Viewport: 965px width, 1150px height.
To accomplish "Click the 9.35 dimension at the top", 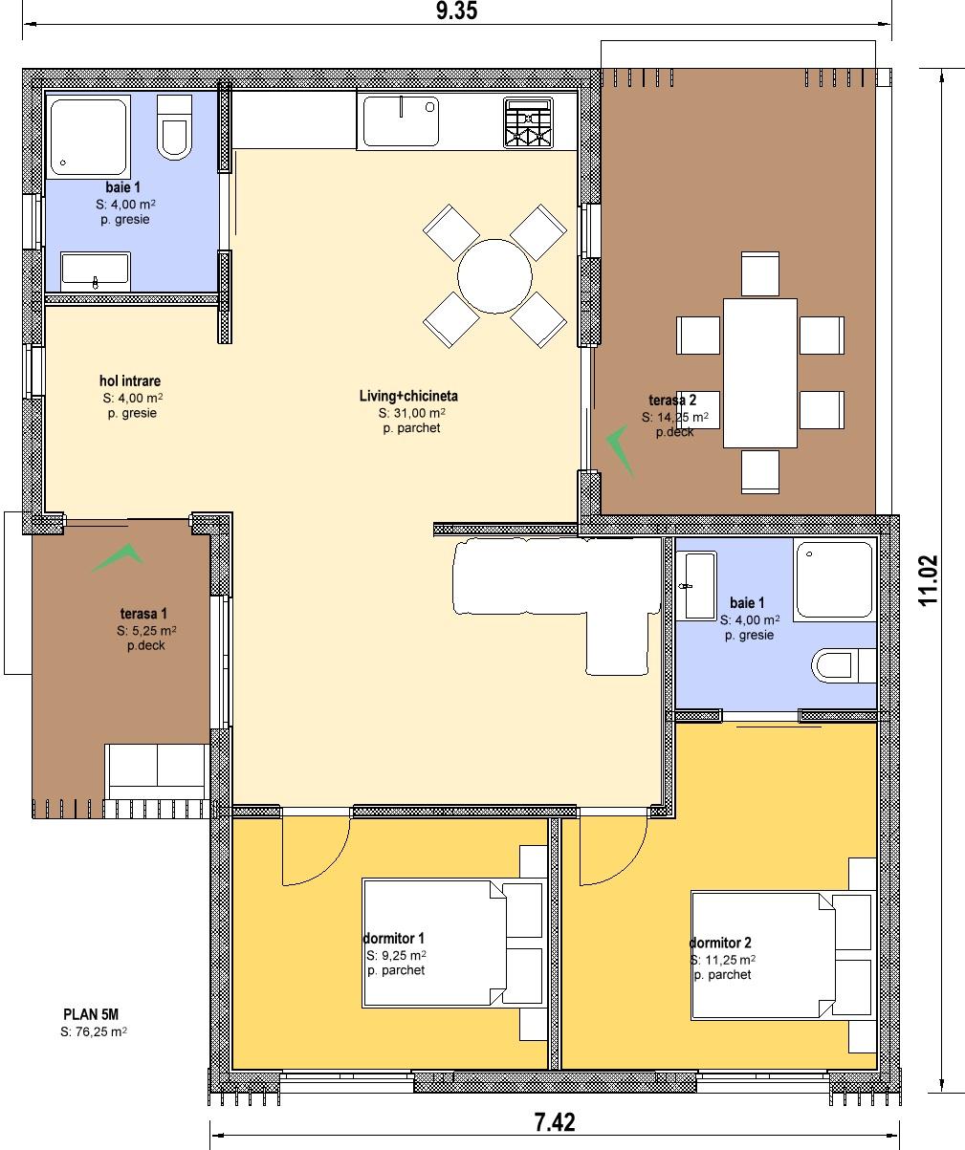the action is tap(456, 11).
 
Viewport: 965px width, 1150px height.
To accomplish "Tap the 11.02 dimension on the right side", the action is tap(928, 580).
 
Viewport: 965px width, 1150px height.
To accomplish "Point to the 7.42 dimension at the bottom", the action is tap(555, 1122).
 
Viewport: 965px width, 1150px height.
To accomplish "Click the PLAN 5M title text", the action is tap(91, 1014).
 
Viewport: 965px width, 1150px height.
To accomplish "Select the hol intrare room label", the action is tap(130, 380).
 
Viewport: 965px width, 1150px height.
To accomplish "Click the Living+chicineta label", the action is tap(408, 396).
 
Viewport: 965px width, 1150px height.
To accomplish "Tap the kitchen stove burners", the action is tap(528, 123).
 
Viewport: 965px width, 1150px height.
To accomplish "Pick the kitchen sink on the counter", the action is tap(401, 121).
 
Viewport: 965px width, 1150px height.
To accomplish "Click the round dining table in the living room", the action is tap(494, 276).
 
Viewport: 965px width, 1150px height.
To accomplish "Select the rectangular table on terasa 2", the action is tap(760, 373).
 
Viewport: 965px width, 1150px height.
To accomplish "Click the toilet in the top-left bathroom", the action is tap(174, 127).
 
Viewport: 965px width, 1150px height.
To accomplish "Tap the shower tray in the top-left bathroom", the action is tap(88, 137).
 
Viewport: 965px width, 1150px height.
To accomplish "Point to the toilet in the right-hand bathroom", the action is tap(844, 665).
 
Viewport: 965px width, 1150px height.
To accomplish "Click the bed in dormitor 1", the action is tap(434, 944).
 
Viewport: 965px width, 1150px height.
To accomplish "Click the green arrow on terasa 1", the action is tap(118, 557).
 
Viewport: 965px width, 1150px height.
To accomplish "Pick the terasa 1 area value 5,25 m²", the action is tap(146, 631).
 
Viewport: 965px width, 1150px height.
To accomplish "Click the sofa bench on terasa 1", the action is tap(157, 771).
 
